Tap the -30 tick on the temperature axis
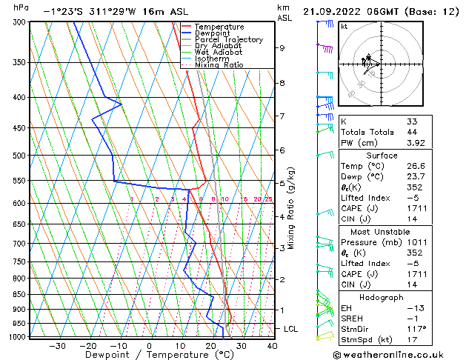coord(57,345)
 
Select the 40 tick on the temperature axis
coord(272,345)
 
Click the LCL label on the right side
coord(292,328)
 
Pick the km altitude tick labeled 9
coord(282,48)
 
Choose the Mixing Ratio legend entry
coord(219,65)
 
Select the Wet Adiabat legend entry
coord(216,53)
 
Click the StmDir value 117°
coord(415,330)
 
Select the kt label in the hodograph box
coord(344,26)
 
